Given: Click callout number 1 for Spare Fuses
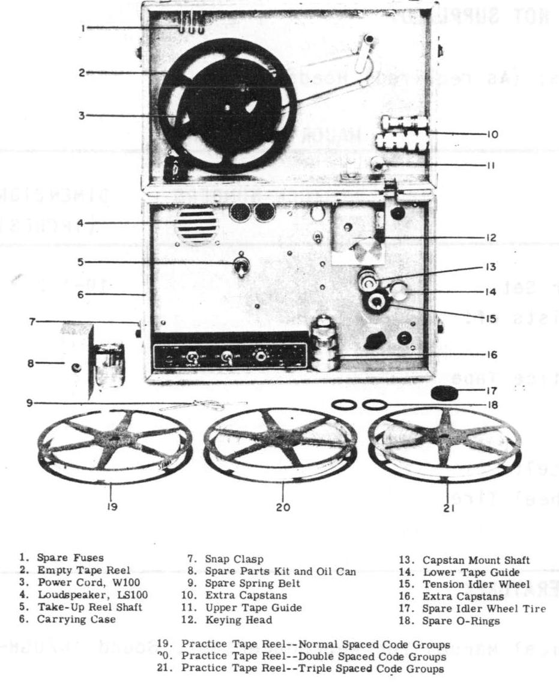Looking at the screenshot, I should [x=85, y=28].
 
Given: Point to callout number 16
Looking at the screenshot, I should [x=492, y=355].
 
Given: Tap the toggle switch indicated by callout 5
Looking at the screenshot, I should [x=240, y=265].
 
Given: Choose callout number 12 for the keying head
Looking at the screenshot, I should [x=492, y=238].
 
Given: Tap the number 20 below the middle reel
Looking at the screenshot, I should [x=283, y=507].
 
